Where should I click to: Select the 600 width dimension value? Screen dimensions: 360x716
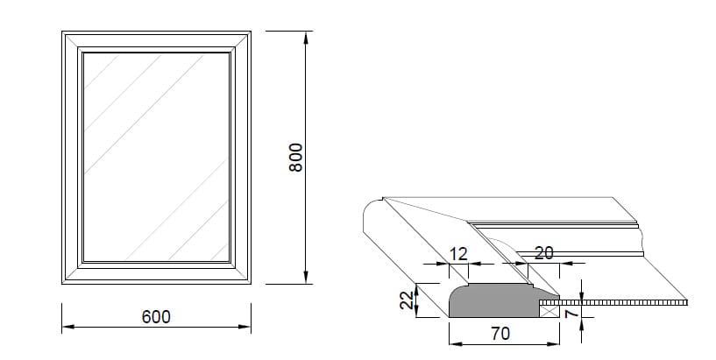pyautogui.click(x=156, y=316)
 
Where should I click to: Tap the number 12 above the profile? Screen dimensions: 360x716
pyautogui.click(x=458, y=253)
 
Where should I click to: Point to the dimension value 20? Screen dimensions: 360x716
pyautogui.click(x=543, y=253)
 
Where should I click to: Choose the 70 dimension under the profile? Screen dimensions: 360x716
pyautogui.click(x=501, y=334)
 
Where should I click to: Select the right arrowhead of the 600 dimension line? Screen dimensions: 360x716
pyautogui.click(x=246, y=328)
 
